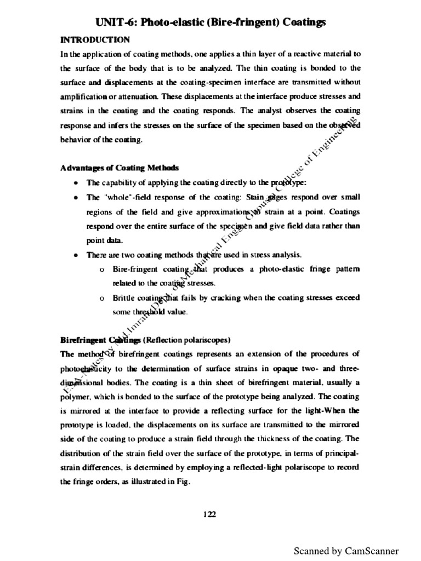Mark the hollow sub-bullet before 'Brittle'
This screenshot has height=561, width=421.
tap(102, 298)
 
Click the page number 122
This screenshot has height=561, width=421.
tap(209, 514)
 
